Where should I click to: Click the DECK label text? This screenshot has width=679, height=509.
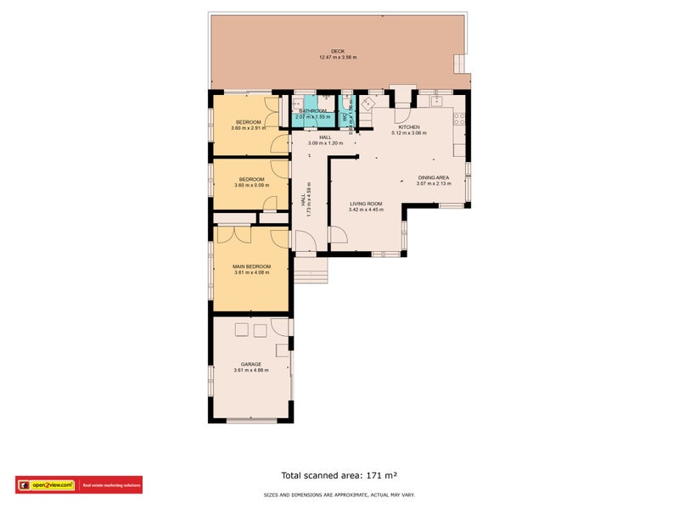tap(338, 52)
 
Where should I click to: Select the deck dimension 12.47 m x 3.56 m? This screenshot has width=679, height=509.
tap(338, 58)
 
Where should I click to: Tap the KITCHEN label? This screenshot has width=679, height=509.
tap(409, 127)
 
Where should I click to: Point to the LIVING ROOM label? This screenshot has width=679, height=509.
tap(367, 204)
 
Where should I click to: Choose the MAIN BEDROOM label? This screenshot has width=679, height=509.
tap(251, 266)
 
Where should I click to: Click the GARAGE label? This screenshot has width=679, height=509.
tap(250, 364)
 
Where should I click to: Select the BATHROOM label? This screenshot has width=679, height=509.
tap(312, 111)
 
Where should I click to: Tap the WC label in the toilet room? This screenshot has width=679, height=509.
tap(345, 106)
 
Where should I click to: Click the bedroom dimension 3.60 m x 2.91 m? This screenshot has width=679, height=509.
tap(249, 128)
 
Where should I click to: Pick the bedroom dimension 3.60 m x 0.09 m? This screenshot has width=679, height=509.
tap(251, 185)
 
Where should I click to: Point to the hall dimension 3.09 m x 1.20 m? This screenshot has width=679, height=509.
tap(325, 143)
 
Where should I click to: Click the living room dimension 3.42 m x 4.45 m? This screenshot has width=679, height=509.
tap(367, 210)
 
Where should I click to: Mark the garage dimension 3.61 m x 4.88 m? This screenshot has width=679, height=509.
tap(250, 370)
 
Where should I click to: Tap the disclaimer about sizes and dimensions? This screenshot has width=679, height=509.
tap(339, 495)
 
